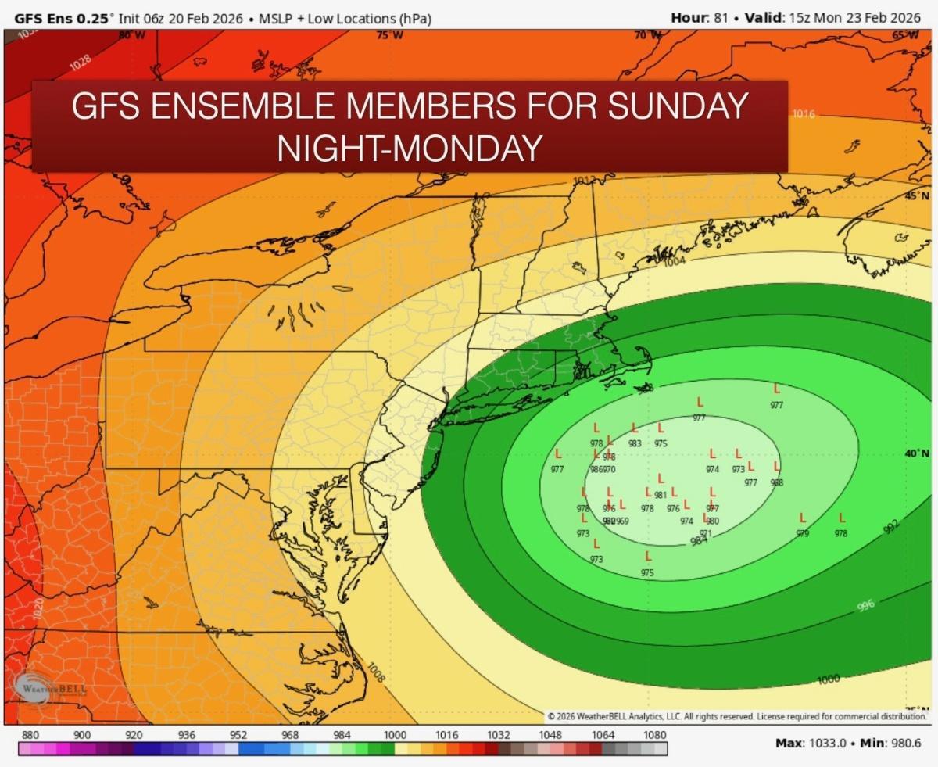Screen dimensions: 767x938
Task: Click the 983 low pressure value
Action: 635,443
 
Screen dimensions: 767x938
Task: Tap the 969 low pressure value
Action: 622,521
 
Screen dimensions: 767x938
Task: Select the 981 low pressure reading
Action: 661,495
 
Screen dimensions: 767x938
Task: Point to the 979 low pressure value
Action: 803,533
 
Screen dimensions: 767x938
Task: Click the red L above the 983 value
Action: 635,428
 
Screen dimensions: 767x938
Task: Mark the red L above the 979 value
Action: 803,518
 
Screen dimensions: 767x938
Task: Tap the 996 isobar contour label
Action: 865,605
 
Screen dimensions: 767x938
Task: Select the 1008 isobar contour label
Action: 376,672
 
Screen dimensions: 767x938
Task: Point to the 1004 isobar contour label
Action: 675,262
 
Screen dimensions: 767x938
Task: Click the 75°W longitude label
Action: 385,34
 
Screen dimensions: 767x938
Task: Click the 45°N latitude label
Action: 916,196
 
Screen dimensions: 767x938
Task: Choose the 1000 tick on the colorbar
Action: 395,735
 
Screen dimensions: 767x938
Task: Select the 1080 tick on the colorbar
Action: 655,735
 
